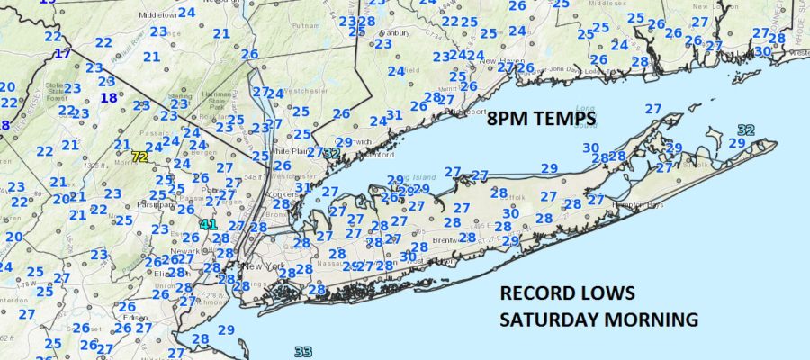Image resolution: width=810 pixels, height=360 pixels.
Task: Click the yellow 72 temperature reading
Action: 139,157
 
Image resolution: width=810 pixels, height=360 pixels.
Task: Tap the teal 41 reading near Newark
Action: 209,223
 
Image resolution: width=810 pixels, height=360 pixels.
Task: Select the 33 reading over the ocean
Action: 302,352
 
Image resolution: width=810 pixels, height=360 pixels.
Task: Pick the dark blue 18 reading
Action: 109,98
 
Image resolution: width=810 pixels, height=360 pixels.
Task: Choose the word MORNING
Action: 656,319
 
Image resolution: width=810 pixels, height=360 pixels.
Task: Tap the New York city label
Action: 261,267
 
